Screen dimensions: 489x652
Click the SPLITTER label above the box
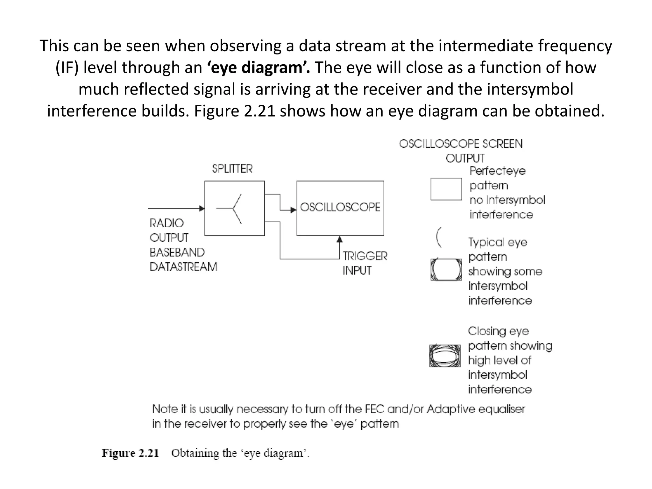232,169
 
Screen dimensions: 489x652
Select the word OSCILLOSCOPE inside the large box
340,208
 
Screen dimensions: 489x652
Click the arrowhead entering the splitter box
202,209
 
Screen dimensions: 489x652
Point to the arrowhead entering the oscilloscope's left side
294,210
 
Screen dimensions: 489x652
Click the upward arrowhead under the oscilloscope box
340,239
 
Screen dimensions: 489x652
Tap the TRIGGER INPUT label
365,263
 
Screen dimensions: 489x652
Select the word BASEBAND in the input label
177,252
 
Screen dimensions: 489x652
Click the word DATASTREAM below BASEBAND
183,267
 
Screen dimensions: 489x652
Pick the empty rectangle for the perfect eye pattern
446,189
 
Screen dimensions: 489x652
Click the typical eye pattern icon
446,270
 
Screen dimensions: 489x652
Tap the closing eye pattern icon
445,356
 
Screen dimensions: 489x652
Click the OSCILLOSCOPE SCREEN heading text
461,144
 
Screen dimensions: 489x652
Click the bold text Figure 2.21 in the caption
130,453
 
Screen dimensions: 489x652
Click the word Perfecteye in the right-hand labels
497,171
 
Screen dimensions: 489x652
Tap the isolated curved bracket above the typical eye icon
439,237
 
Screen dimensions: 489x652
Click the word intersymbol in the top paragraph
530,89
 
